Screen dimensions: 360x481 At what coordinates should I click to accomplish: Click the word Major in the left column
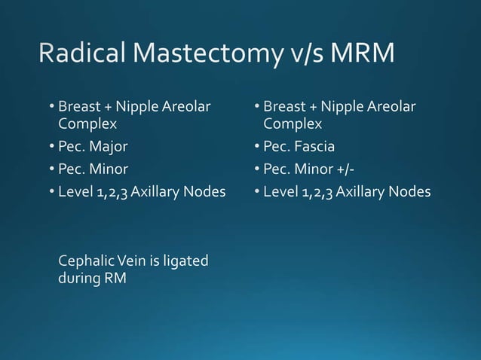(110, 146)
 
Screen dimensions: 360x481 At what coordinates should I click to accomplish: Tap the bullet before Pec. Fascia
(257, 146)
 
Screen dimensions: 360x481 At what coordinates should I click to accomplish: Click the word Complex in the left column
(86, 124)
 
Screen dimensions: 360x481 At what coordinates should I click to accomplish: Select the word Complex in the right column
(292, 124)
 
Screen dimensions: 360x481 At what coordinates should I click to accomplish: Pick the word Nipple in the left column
(136, 107)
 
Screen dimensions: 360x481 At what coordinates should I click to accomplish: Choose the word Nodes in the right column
(412, 191)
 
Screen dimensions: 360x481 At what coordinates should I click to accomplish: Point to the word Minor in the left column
(110, 169)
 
